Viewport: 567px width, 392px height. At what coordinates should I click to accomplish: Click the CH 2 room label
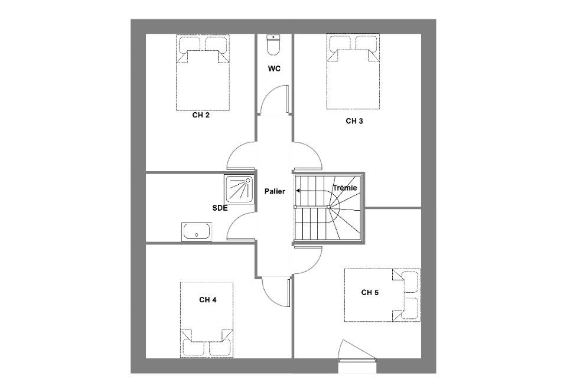(201, 115)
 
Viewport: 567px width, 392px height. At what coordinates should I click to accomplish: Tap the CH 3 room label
(354, 121)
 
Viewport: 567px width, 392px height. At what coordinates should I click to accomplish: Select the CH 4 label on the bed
(207, 300)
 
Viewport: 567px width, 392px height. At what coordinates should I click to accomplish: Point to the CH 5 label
(370, 292)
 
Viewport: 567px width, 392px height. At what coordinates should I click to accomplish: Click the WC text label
(274, 68)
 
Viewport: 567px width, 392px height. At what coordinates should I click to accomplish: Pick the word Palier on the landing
(275, 191)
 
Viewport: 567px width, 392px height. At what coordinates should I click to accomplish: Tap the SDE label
(220, 208)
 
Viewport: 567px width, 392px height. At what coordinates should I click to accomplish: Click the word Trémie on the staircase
(344, 188)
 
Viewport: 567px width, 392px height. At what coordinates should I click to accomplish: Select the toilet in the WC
(273, 44)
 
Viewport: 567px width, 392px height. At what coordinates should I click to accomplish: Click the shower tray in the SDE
(239, 190)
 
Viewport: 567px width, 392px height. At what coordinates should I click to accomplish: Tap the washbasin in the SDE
(196, 231)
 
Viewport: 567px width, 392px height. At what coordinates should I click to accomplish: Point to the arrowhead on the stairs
(298, 191)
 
